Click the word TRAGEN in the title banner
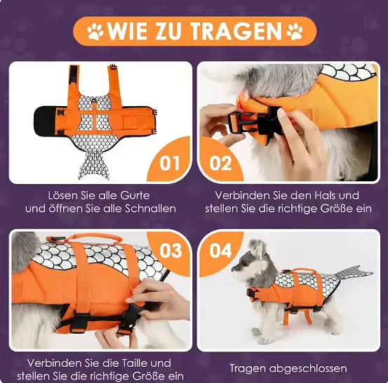(x=236, y=31)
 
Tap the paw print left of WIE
(x=95, y=32)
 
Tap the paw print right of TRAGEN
(x=295, y=32)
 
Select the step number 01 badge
(x=169, y=163)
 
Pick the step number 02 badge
(x=220, y=163)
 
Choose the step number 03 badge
(x=170, y=250)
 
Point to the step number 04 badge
(x=220, y=250)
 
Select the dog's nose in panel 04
(x=233, y=268)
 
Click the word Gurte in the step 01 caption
(x=135, y=196)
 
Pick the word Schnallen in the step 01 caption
(x=150, y=209)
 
